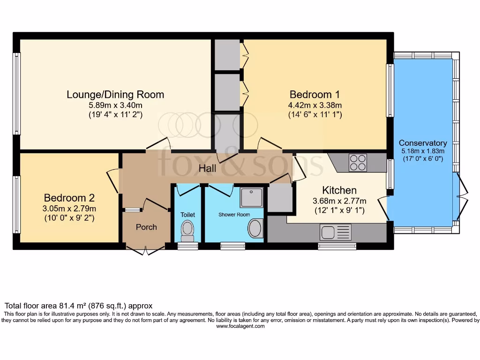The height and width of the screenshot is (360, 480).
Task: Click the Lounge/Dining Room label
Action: point(115,94)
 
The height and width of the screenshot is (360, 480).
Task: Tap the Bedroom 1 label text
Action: point(315,93)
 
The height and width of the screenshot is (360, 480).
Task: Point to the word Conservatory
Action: point(423,142)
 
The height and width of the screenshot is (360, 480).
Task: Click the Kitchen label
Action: point(339,190)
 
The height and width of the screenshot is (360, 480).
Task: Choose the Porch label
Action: point(146,227)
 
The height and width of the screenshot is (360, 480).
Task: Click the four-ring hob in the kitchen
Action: point(358,163)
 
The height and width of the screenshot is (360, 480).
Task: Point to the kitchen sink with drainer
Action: point(336,232)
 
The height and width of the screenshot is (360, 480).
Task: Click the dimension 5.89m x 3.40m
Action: point(115,105)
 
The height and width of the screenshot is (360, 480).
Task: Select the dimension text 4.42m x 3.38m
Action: point(315,105)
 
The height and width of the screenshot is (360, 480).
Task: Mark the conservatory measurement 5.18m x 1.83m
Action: point(423,151)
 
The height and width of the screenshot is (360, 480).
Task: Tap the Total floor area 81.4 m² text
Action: point(78,305)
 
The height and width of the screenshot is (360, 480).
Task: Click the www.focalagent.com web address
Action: point(240,326)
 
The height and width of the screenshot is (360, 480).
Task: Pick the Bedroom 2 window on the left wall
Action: point(17,204)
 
